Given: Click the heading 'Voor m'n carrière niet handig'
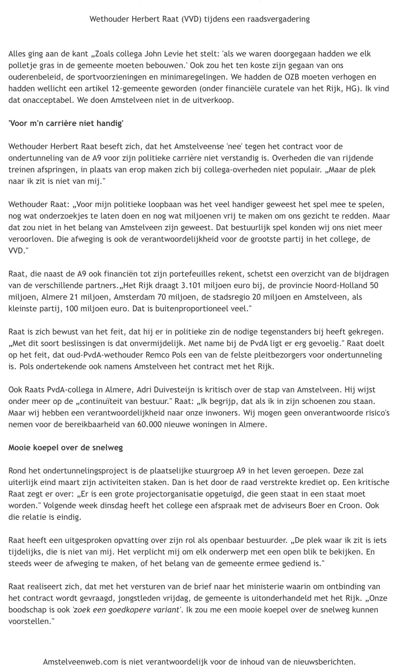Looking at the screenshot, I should click(x=66, y=124).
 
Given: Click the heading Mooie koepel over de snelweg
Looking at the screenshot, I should click(x=66, y=447).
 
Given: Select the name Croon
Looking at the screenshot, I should click(x=352, y=505).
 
